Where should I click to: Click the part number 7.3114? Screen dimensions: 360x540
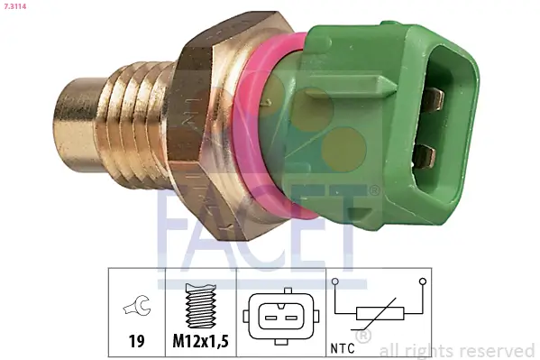(x=15, y=7)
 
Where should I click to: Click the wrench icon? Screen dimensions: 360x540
(x=138, y=307)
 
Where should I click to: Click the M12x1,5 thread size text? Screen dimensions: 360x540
(x=200, y=343)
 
